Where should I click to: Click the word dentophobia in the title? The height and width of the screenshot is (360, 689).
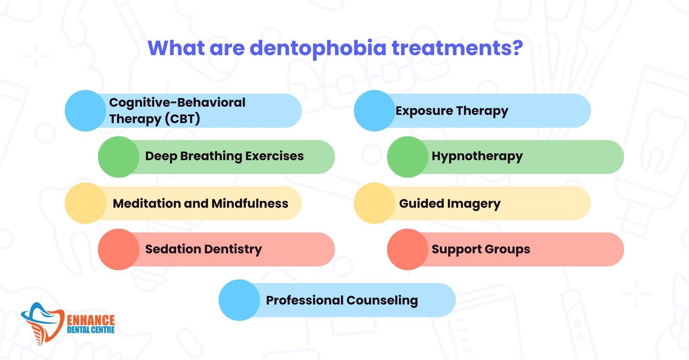(318, 48)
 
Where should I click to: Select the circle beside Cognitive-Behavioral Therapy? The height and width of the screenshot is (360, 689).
(86, 111)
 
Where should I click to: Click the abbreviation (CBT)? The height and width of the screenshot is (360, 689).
(183, 119)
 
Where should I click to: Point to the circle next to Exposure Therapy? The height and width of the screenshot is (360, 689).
(374, 111)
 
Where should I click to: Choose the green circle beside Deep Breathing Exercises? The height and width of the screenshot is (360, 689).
(119, 157)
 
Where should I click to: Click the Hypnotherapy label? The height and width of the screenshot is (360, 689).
(477, 156)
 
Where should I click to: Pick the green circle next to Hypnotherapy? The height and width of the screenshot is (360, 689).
(407, 157)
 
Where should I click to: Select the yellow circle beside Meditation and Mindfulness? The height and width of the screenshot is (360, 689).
(86, 203)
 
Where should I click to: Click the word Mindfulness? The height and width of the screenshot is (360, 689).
(250, 203)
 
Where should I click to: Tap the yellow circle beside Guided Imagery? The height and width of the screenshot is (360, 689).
(374, 203)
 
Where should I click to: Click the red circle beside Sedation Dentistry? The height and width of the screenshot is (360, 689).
(119, 249)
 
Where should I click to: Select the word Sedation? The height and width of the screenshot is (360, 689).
(173, 249)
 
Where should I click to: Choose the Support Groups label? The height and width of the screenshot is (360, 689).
(481, 249)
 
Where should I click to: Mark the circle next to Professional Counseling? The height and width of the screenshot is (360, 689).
(239, 300)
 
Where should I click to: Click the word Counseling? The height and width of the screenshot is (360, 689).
(382, 301)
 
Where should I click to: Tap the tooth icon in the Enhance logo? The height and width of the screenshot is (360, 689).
(43, 323)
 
